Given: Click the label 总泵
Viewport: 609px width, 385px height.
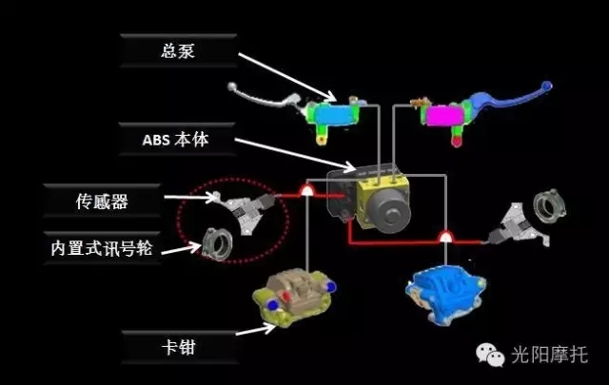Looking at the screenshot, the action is (x=178, y=50).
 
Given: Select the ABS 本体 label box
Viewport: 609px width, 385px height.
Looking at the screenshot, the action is (x=177, y=140).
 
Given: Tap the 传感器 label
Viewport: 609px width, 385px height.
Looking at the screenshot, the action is (x=102, y=201).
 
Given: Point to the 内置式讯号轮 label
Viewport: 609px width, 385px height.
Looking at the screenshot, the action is (x=102, y=248).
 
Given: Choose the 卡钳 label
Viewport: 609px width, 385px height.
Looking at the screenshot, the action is (x=180, y=347).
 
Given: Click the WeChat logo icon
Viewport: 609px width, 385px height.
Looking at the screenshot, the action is (x=490, y=355).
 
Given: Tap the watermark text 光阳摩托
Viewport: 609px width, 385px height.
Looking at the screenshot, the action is (x=549, y=355).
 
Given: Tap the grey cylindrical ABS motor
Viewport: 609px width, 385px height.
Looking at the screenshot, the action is (x=389, y=212).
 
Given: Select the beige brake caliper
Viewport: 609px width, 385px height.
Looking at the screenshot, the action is (x=294, y=297).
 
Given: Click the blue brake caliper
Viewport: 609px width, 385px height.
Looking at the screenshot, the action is (x=445, y=293).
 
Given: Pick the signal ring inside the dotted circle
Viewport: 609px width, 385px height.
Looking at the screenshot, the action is (x=218, y=243).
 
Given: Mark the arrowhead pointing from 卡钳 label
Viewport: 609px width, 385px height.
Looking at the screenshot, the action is (x=268, y=329).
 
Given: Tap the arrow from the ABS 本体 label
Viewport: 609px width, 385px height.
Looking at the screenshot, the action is (x=295, y=154).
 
